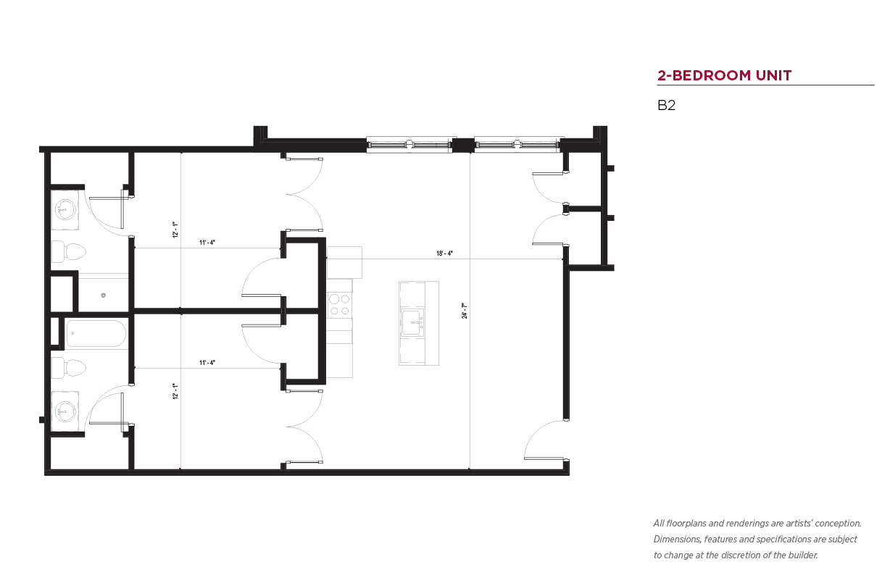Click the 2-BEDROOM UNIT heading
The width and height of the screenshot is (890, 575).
724,75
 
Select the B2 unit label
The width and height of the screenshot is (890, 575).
666,105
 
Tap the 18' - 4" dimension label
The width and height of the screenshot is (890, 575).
444,253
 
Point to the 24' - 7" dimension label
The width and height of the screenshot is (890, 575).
464,311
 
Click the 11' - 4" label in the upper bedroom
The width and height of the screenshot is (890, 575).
207,242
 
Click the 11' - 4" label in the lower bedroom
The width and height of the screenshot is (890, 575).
207,363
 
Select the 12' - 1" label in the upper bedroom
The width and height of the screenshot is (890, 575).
175,230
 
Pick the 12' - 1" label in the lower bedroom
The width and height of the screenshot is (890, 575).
175,391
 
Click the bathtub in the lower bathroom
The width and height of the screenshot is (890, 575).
96,334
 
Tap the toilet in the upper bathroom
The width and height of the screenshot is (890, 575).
69,252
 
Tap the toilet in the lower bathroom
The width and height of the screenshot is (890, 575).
69,367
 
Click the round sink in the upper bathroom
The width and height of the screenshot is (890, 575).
65,210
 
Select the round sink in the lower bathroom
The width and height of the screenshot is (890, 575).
65,411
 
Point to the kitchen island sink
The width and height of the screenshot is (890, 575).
412,322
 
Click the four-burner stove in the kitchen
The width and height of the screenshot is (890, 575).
340,305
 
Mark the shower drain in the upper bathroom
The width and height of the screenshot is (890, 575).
104,295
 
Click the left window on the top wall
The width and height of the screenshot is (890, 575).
409,145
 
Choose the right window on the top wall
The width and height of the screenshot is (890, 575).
517,145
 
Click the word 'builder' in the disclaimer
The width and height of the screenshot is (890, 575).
803,555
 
